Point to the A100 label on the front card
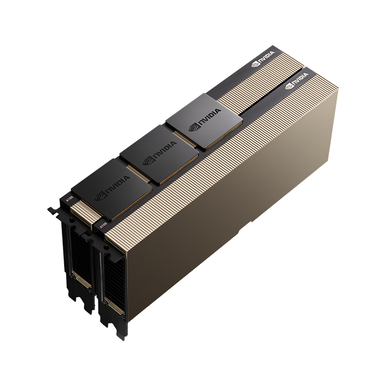tap(102, 225)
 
